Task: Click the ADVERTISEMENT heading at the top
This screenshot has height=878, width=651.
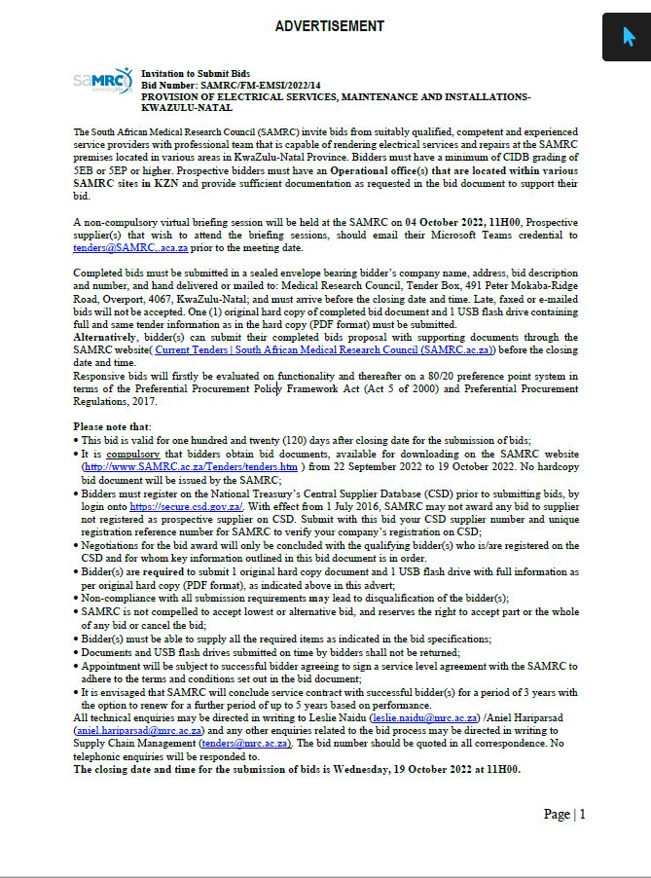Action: [329, 26]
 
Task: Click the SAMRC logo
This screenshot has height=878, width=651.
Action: [102, 81]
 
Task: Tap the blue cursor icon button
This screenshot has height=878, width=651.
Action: [627, 37]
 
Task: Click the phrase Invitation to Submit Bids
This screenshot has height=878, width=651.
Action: [196, 74]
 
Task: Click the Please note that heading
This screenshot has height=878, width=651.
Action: [112, 426]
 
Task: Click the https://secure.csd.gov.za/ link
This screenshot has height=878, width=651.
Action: [186, 507]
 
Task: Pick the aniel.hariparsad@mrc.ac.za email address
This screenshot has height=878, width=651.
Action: [139, 730]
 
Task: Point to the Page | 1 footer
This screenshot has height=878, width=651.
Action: [564, 814]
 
